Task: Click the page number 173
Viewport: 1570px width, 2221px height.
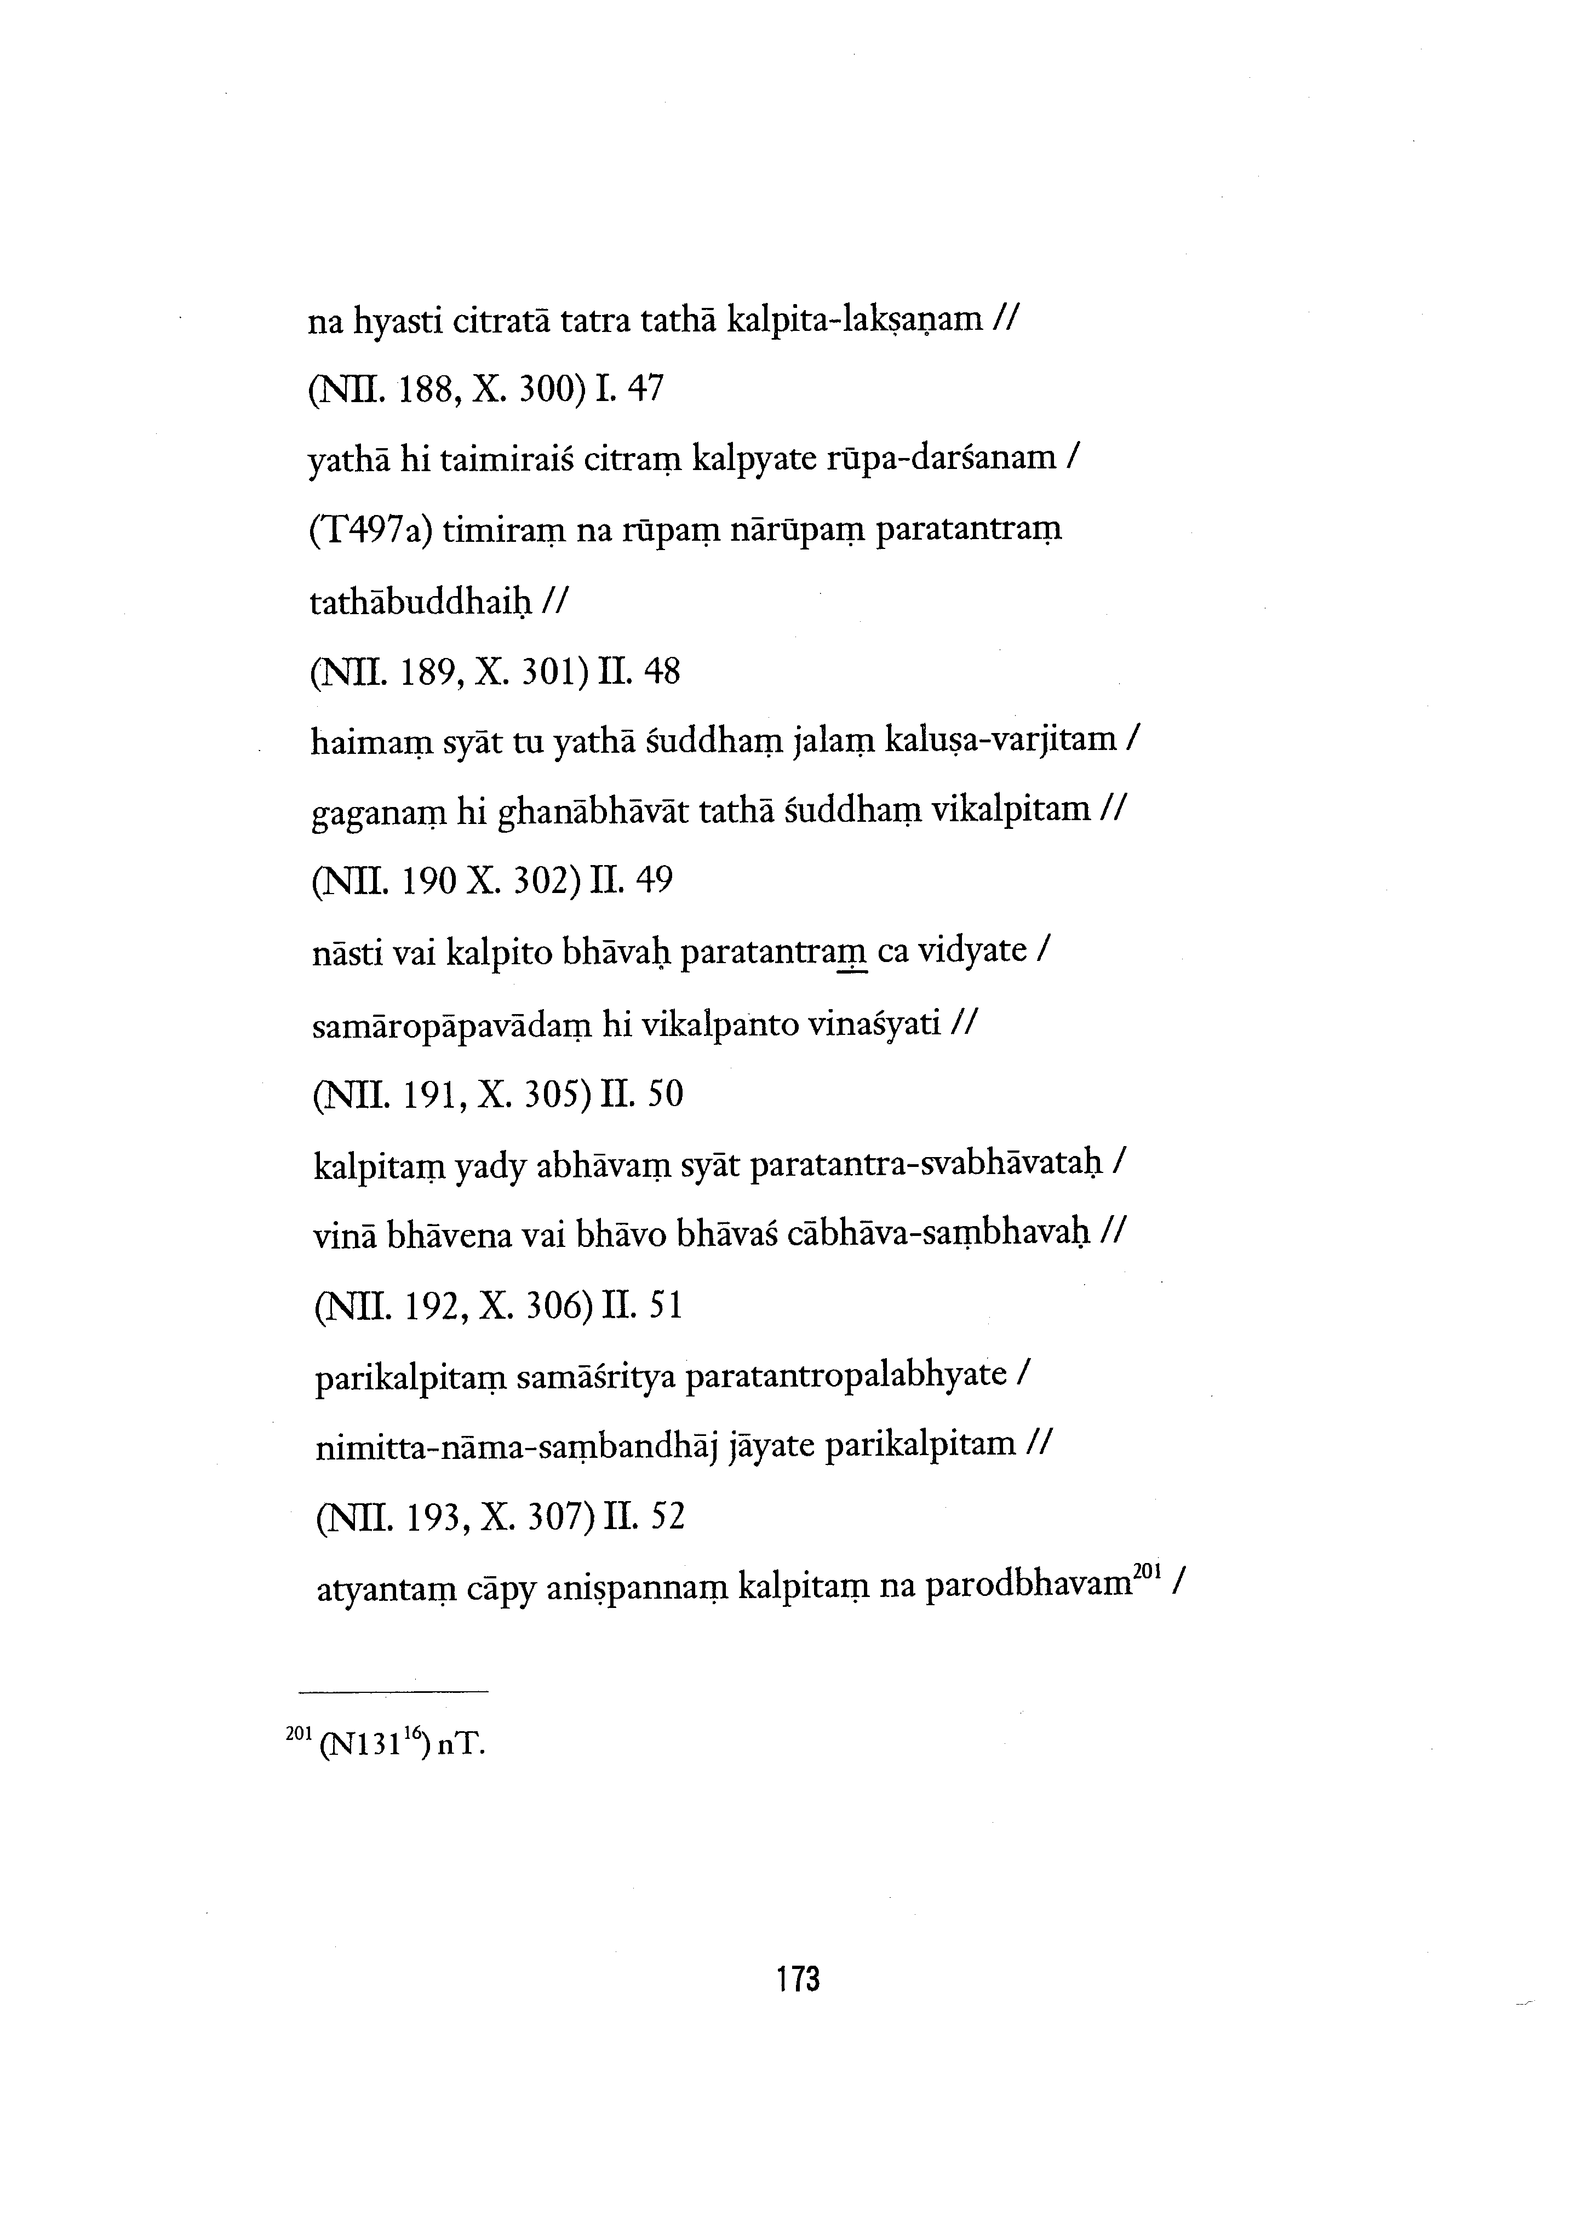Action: click(798, 1978)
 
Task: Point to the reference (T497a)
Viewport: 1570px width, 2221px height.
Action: click(370, 531)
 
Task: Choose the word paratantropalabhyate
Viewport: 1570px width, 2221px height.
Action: click(845, 1375)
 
